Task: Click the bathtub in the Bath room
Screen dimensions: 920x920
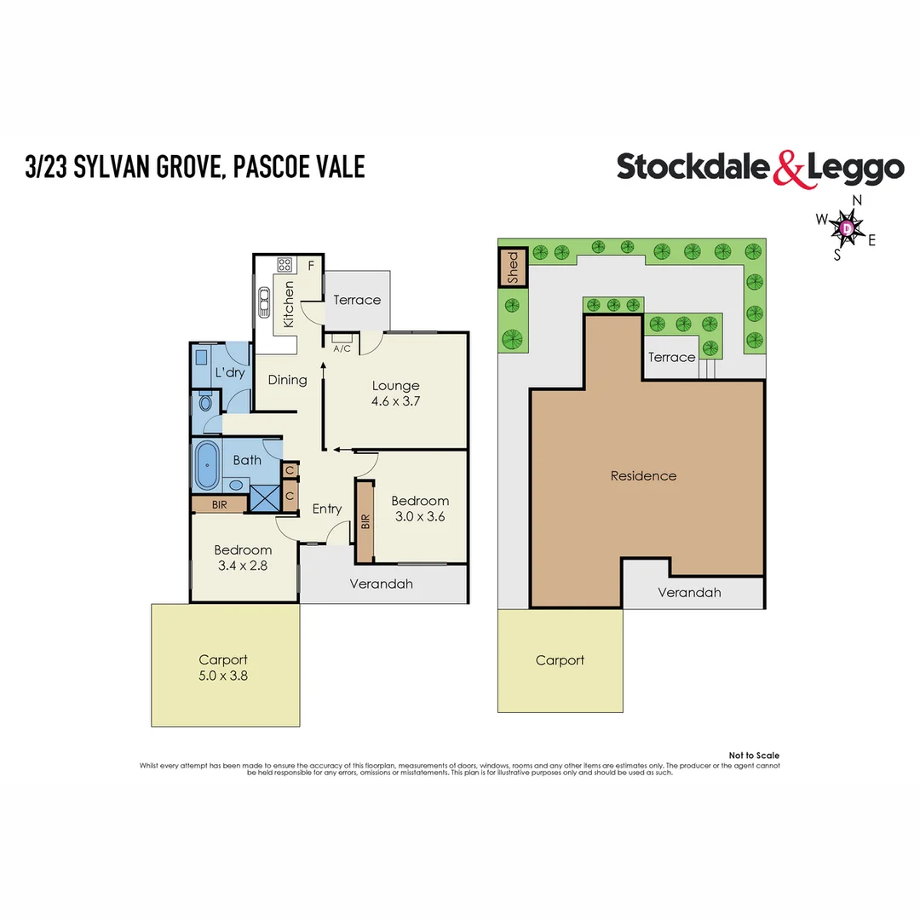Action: [x=207, y=466]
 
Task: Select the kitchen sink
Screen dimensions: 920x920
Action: [x=265, y=301]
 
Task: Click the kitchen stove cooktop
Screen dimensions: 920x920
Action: [x=285, y=264]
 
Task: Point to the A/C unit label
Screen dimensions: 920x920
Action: [x=342, y=348]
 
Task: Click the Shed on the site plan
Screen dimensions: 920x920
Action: [x=513, y=267]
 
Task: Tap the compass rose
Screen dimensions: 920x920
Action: [x=847, y=227]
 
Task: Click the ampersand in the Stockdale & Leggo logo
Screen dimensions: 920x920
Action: [x=789, y=168]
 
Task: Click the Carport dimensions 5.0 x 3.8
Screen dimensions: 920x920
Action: [x=223, y=676]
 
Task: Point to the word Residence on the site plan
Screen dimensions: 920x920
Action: [x=643, y=475]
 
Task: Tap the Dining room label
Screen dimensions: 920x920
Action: [x=287, y=379]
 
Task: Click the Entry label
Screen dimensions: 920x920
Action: [x=327, y=509]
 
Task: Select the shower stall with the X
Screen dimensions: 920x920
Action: [x=264, y=497]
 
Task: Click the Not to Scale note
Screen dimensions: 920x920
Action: [x=754, y=756]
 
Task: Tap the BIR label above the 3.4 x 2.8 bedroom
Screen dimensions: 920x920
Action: [x=219, y=504]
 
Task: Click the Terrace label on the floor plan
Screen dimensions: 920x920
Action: [x=357, y=300]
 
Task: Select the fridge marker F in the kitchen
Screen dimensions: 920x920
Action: [x=312, y=265]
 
